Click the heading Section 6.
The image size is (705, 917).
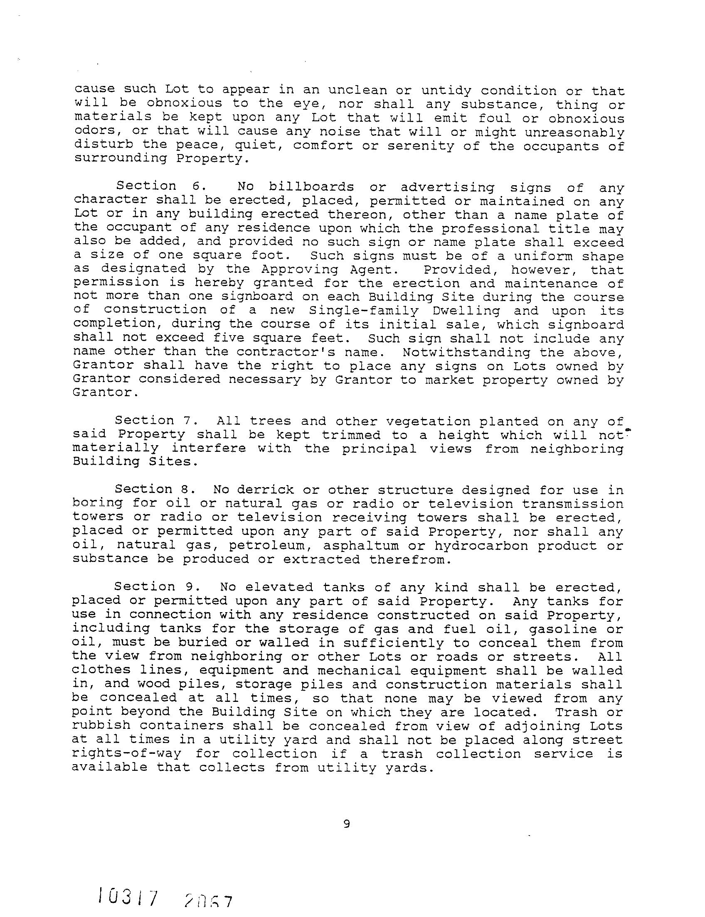pos(154,186)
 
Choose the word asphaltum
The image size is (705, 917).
pos(361,545)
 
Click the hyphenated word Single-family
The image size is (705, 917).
pos(363,311)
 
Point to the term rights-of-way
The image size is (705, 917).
pos(126,753)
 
